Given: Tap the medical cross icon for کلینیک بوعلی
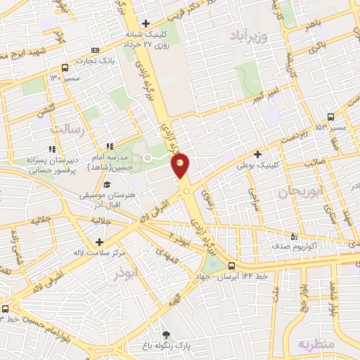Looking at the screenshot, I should (258, 154).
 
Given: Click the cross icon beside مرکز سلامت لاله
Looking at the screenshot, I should (107, 243).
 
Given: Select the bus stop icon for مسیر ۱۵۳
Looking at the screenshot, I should (330, 117).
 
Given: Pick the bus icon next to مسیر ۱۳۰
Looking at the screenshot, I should (65, 68).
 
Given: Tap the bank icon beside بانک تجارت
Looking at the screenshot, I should (95, 51).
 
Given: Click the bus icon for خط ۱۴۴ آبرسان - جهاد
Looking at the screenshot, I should (232, 266).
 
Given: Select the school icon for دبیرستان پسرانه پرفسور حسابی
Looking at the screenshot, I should (51, 148).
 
